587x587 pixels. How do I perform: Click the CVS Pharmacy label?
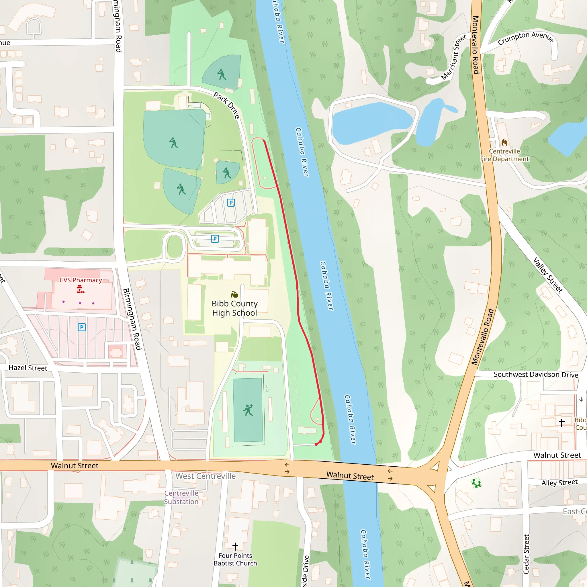coord(81,280)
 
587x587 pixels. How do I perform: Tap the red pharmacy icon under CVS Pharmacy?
coord(80,289)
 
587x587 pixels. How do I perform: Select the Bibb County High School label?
coord(234,308)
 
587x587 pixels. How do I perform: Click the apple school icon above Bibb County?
coord(234,294)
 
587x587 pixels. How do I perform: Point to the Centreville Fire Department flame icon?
coord(504,142)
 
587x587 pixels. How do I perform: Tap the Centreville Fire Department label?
coord(504,155)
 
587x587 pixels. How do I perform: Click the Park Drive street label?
coord(227,105)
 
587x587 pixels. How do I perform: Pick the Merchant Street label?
coord(453,57)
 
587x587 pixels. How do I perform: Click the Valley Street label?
coord(548,275)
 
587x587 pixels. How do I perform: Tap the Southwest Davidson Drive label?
coord(536,374)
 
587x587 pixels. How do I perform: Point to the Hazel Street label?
coord(28,368)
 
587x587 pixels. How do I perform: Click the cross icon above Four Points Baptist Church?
coord(235,546)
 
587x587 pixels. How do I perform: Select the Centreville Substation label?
coord(181,497)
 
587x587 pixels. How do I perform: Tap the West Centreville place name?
coord(206,476)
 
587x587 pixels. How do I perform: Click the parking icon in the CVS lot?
coord(81,327)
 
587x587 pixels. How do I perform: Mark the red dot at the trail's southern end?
coord(316,444)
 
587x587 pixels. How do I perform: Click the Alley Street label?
coord(559,482)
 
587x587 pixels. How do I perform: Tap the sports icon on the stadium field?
coord(248,410)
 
